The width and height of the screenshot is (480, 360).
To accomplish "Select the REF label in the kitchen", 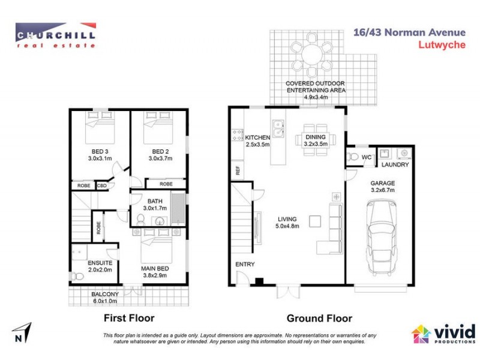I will [238, 170].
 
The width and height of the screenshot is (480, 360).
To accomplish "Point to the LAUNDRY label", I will [395, 164].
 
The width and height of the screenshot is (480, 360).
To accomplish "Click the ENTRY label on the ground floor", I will [245, 264].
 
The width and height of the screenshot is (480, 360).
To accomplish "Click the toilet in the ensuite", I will [76, 276].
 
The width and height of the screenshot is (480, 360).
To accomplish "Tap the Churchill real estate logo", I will [55, 35].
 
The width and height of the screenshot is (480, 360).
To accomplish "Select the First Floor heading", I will [130, 318].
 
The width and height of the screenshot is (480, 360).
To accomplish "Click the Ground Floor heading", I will [319, 318].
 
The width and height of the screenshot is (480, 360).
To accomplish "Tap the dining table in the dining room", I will [313, 139].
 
